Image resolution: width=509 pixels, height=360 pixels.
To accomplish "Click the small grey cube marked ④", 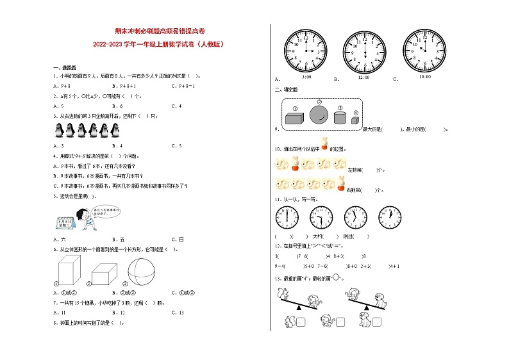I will click(x=355, y=120).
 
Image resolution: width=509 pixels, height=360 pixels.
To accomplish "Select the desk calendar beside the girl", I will click(x=64, y=222).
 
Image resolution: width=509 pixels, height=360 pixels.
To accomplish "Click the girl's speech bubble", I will click(x=104, y=211).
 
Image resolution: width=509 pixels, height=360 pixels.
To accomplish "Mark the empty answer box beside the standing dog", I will click(x=377, y=322).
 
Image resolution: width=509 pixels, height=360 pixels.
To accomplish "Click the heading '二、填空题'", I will click(x=286, y=90).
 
